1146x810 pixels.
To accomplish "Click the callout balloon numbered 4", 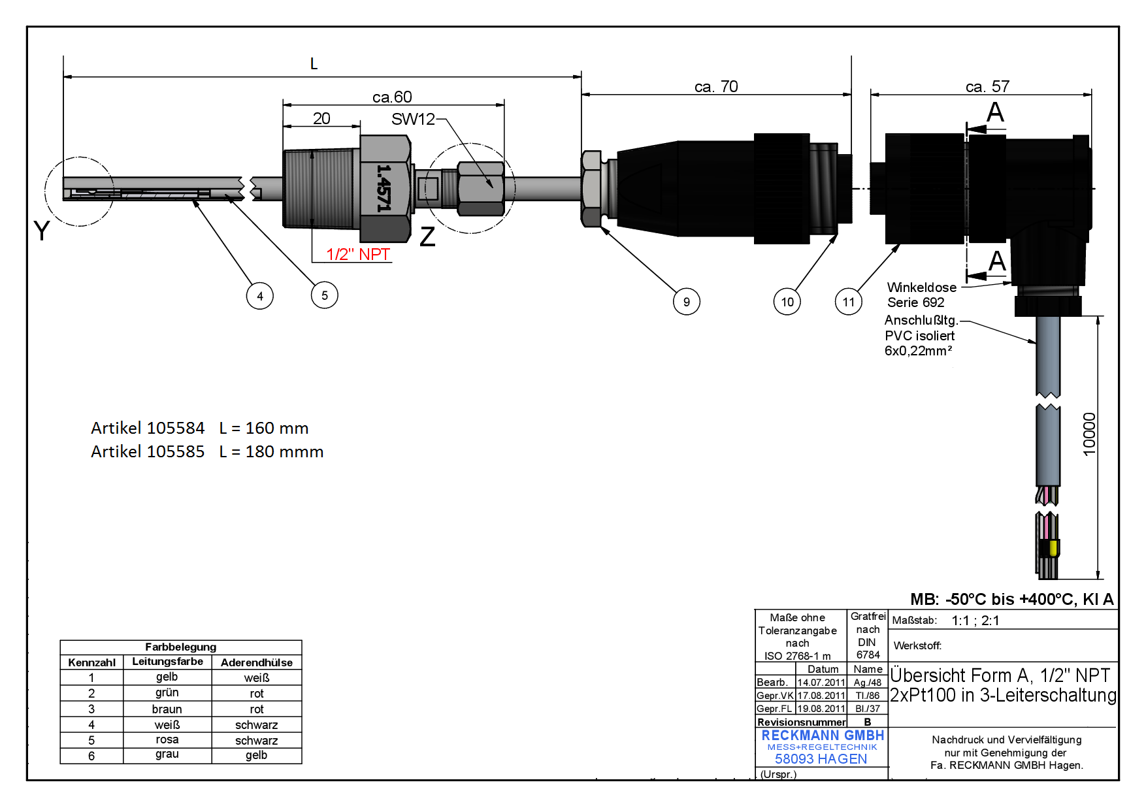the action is (260, 296).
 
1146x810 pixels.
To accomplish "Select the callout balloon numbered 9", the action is (686, 301).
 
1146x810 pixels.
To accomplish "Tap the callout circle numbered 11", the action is (849, 301).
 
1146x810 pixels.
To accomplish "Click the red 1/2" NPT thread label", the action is (358, 254).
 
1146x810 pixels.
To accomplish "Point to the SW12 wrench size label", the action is (413, 119).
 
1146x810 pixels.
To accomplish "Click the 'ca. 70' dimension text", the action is (716, 86).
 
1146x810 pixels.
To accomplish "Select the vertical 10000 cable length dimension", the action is (1089, 434).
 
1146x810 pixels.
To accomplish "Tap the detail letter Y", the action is (41, 231).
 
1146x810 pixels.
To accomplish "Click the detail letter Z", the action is (427, 236).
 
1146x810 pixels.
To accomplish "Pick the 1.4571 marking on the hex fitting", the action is (384, 187).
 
